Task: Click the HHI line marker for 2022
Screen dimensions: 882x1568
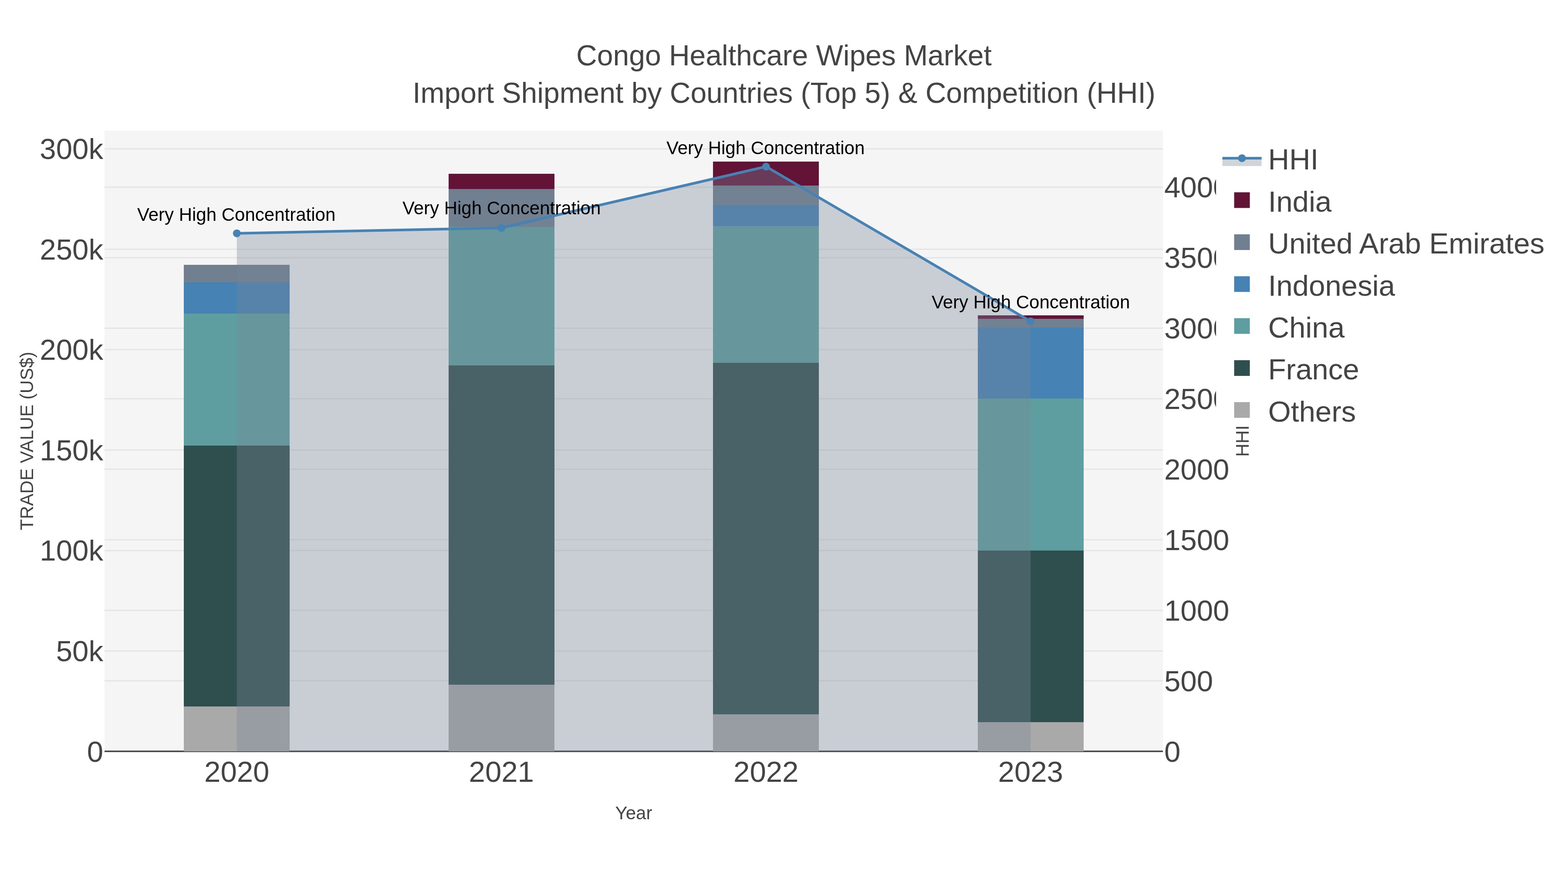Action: pyautogui.click(x=766, y=167)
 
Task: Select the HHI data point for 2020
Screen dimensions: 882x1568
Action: pyautogui.click(x=237, y=233)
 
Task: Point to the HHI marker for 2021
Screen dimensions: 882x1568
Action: pyautogui.click(x=502, y=228)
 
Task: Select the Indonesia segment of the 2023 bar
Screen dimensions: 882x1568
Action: pyautogui.click(x=1031, y=363)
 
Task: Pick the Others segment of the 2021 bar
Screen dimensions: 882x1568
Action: pyautogui.click(x=502, y=718)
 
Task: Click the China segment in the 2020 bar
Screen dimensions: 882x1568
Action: pyautogui.click(x=237, y=379)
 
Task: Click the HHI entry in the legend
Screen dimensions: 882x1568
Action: pyautogui.click(x=1292, y=160)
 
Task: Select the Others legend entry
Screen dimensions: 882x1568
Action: pyautogui.click(x=1311, y=412)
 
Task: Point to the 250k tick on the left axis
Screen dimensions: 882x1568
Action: pyautogui.click(x=71, y=250)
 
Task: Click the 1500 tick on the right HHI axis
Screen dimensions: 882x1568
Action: pyautogui.click(x=1196, y=541)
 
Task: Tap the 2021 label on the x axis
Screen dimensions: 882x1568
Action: pyautogui.click(x=502, y=772)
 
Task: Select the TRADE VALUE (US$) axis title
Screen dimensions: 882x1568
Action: pyautogui.click(x=27, y=441)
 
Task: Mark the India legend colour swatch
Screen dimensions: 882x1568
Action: pyautogui.click(x=1242, y=200)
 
